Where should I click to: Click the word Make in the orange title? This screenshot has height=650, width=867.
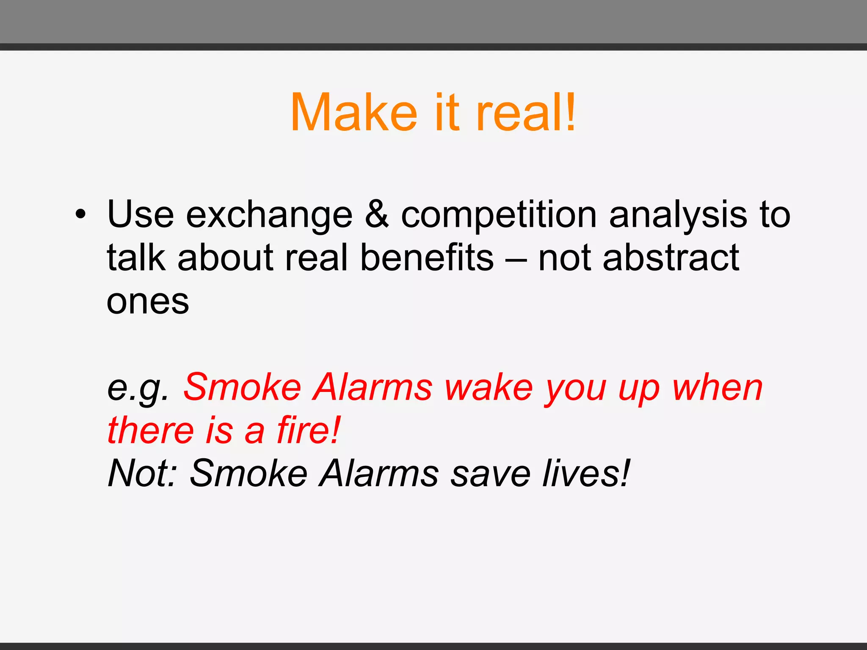[354, 113]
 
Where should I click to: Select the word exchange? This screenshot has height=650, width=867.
[269, 215]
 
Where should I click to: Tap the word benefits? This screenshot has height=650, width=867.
[427, 258]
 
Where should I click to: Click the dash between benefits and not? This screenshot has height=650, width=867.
[516, 259]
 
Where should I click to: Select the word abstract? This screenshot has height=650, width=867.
[671, 258]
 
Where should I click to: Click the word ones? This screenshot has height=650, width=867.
[148, 302]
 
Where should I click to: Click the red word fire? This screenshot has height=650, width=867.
[309, 430]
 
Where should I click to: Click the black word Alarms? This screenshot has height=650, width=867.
[379, 473]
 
